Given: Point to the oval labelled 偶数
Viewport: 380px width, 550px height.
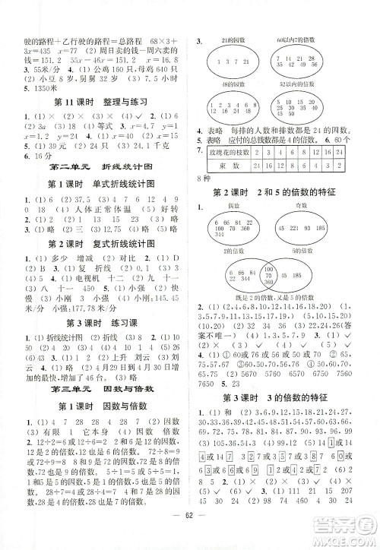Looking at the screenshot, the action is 236,229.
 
